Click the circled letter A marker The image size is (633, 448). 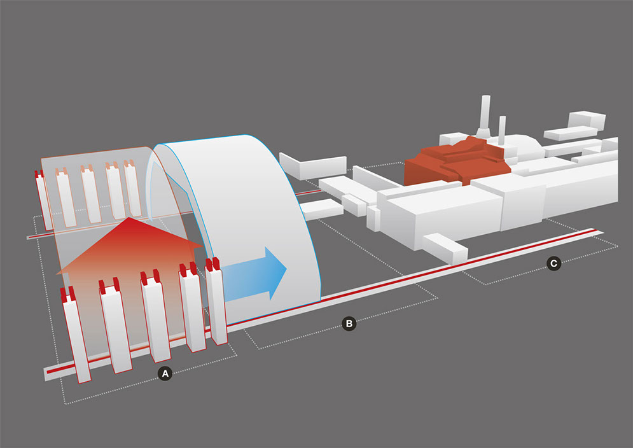point(165,374)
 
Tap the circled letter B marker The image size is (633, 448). point(349,324)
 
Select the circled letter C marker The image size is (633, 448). point(554,262)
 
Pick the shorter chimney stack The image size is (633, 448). point(502,131)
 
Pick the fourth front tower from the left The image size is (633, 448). point(192,309)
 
